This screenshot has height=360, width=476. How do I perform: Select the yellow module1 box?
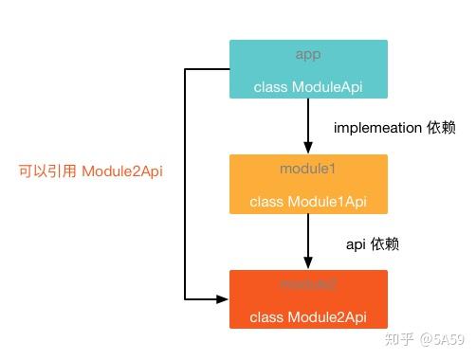308,184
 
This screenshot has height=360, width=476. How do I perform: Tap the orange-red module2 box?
308,298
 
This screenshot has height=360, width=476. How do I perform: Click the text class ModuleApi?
308,87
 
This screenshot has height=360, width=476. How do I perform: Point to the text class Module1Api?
308,202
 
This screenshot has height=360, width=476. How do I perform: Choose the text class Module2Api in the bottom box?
308,315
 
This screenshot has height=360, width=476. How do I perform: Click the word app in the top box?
308,54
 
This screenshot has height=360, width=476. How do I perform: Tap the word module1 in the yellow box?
308,169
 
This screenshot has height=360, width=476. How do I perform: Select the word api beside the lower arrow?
357,243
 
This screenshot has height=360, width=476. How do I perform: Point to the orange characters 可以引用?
47,171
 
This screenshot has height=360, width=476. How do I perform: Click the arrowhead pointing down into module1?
308,146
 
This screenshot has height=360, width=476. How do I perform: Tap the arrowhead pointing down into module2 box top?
308,262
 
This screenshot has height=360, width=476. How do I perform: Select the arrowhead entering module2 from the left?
223,298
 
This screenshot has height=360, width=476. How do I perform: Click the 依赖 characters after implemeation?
441,127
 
